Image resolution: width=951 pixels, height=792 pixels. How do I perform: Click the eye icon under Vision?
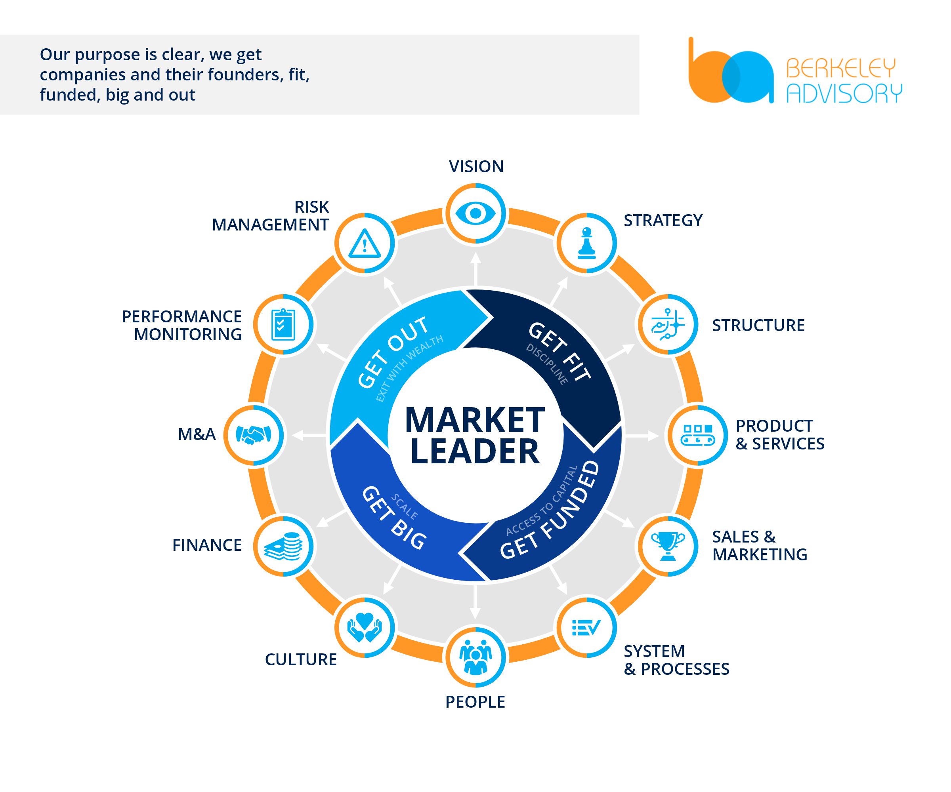point(475,213)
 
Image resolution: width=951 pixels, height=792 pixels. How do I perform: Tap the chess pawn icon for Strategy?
point(586,243)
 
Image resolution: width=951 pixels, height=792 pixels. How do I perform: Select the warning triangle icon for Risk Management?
point(365,243)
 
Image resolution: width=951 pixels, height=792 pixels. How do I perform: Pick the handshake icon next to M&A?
point(253,435)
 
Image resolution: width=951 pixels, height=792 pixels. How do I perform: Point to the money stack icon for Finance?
point(283,546)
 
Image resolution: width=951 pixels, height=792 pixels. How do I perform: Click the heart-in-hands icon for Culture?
point(365,627)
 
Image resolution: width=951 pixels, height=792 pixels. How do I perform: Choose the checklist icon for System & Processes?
point(586,627)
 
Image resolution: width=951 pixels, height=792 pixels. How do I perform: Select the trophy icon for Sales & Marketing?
point(668,546)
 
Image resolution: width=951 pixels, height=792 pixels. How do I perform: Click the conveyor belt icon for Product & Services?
point(698,435)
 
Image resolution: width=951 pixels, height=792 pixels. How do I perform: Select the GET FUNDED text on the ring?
point(551,511)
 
